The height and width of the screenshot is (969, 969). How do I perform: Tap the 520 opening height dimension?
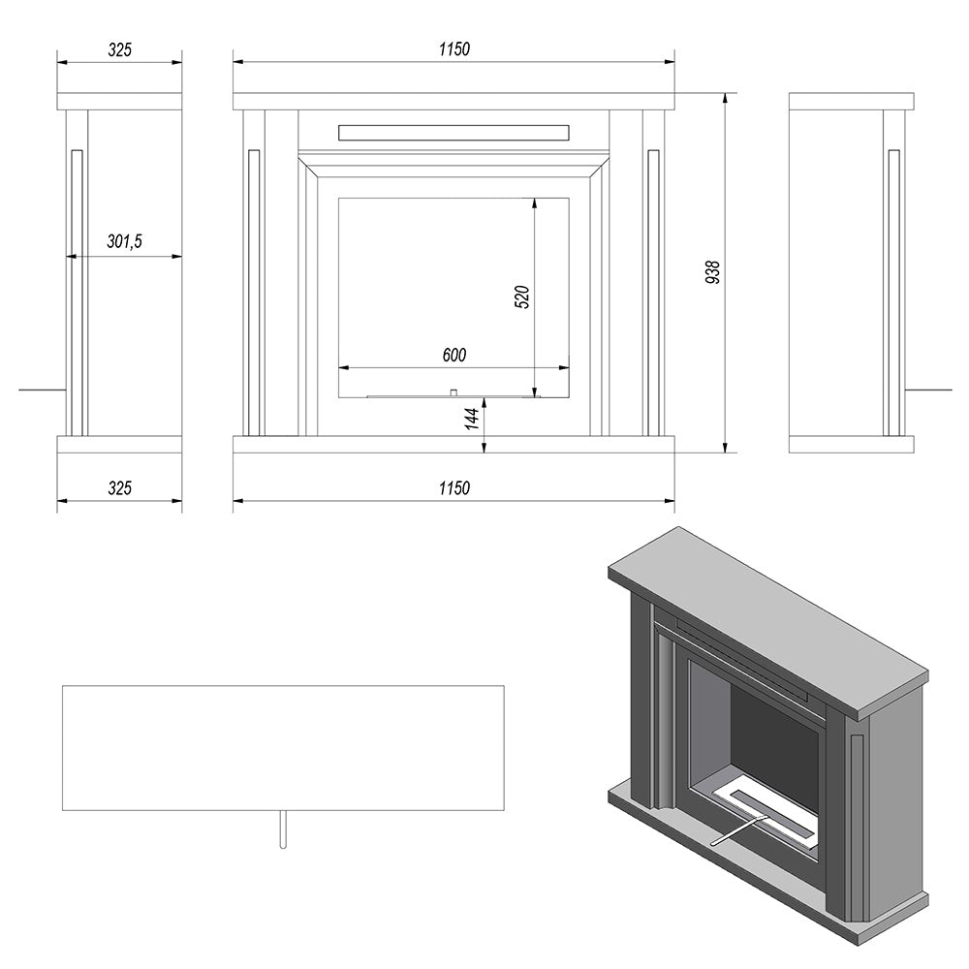(x=522, y=297)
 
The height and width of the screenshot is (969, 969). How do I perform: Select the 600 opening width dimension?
(x=454, y=356)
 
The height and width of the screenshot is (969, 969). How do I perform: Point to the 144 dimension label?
(x=472, y=419)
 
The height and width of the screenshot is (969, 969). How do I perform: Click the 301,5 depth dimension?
(x=125, y=241)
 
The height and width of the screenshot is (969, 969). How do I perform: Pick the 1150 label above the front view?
(x=454, y=49)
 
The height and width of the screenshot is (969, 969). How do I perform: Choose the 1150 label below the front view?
(x=454, y=488)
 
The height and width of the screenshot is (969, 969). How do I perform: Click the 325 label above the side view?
(x=120, y=49)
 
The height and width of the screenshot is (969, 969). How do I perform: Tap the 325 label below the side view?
(x=120, y=488)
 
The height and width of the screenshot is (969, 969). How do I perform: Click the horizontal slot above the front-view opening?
(x=453, y=132)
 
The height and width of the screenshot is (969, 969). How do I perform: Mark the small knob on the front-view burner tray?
(x=453, y=392)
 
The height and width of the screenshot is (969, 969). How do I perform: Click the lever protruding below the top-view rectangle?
(x=283, y=829)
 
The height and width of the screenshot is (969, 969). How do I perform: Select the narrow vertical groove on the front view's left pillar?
(x=253, y=293)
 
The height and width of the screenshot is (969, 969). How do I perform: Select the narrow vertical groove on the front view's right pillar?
(x=653, y=293)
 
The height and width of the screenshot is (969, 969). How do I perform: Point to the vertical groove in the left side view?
(x=77, y=293)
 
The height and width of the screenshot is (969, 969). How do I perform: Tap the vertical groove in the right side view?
(x=893, y=293)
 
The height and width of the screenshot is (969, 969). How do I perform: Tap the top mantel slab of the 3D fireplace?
(x=768, y=622)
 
